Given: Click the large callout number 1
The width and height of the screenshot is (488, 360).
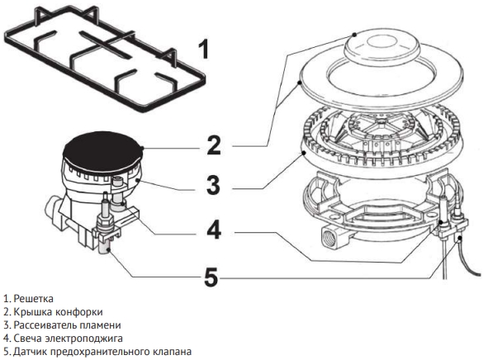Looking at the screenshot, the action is click(204, 49).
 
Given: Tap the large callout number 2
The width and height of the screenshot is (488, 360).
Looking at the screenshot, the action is click(214, 144).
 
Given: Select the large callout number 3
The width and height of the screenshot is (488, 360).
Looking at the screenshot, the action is click(214, 186).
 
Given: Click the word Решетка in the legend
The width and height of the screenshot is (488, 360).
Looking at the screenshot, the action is click(34, 299).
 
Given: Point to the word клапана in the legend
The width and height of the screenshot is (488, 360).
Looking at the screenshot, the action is click(173, 352).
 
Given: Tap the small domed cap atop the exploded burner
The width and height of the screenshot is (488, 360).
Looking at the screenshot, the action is click(381, 46).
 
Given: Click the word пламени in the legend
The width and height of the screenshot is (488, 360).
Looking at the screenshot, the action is click(100, 325).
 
